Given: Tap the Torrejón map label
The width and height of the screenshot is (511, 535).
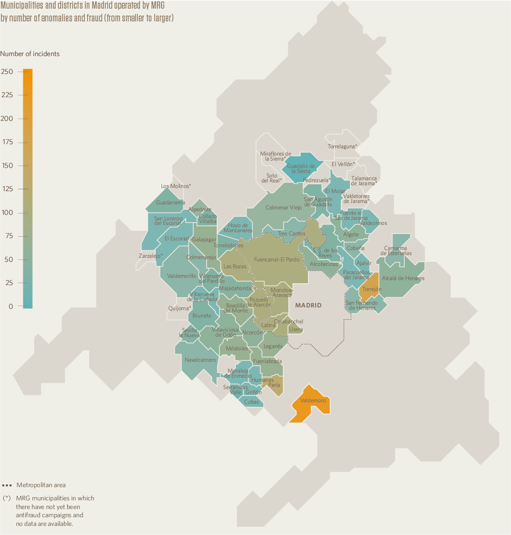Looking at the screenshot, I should tap(372, 289).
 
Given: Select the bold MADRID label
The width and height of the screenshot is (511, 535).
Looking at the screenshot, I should tap(308, 305).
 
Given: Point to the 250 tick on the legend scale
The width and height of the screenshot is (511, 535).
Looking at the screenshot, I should tap(7, 72).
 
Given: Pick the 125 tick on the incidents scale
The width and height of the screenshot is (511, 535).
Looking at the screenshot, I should tap(7, 189).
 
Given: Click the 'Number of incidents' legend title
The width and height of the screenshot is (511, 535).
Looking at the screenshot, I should tap(30, 54).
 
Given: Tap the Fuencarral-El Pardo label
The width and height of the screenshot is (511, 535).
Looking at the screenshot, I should tap(276, 260).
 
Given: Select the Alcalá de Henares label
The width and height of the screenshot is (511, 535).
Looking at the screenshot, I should tap(403, 278).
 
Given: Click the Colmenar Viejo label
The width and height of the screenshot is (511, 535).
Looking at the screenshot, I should tap(283, 208).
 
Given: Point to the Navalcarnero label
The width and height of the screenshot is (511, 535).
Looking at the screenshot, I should tap(200, 360).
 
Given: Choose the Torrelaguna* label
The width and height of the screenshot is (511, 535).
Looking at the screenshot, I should tap(342, 146).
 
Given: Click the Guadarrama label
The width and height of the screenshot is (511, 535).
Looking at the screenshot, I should tap(170, 203).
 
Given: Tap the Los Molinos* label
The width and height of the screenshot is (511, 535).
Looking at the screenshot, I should tap(176, 186).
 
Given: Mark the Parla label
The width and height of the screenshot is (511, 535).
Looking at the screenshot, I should tap(274, 385).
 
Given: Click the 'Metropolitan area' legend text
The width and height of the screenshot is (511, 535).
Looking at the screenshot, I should tap(41, 485).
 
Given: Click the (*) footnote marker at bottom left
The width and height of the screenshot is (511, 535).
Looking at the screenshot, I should tap(7, 498).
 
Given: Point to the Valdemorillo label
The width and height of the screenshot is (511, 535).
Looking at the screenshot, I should tap(182, 276).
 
